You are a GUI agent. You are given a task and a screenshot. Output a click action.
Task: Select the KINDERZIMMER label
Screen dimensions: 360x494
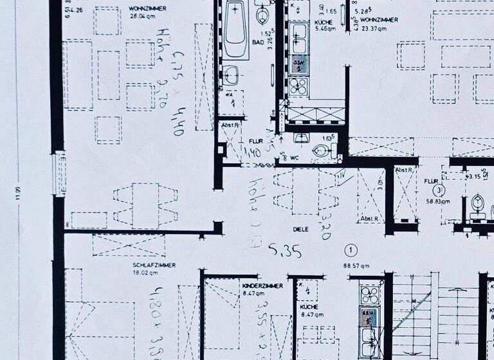pos(260,286)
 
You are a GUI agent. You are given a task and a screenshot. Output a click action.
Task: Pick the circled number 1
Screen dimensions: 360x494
pos(351,249)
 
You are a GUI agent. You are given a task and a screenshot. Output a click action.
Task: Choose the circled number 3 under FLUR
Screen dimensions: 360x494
pos(439,190)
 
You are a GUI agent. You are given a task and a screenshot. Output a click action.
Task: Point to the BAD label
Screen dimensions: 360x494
pos(257,43)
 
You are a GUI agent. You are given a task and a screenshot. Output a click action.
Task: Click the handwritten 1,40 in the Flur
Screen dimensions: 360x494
pos(253,152)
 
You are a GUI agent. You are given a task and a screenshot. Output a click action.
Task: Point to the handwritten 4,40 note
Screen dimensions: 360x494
pos(174,120)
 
